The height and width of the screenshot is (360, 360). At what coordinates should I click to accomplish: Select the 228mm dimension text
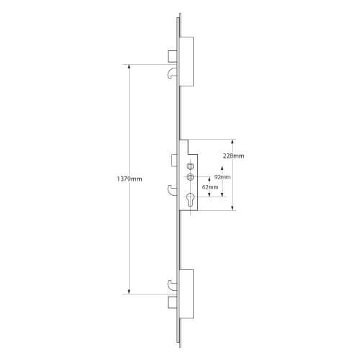233,155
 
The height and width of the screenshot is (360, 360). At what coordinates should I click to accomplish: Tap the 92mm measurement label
222,176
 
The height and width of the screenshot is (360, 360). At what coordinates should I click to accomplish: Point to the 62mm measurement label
211,186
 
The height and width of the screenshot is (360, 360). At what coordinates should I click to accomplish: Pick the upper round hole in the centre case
190,164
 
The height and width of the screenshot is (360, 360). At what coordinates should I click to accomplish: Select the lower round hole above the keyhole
190,177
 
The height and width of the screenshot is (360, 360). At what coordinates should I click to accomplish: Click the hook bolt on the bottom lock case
171,285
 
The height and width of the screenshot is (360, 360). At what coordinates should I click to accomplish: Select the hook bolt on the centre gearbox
172,190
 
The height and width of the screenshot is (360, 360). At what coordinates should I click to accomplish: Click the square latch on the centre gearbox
174,158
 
